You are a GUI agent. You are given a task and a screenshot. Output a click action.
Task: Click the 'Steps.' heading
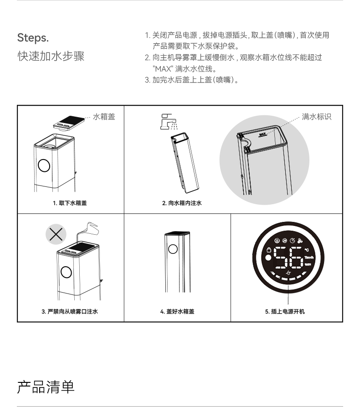click(x=33, y=38)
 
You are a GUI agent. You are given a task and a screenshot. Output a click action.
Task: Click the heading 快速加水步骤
click(x=51, y=56)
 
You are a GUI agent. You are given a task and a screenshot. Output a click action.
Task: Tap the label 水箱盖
click(x=104, y=117)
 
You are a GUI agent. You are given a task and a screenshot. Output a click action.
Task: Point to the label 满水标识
click(x=316, y=117)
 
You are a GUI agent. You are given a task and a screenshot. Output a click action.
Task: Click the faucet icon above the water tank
click(x=169, y=122)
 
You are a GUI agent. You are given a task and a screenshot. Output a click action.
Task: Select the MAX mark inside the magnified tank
click(x=262, y=134)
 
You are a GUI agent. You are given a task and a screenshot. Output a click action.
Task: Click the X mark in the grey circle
click(x=56, y=234)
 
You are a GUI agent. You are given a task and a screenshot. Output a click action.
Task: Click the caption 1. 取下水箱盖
click(x=70, y=203)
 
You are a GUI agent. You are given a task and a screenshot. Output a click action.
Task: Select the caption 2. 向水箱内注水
click(x=182, y=203)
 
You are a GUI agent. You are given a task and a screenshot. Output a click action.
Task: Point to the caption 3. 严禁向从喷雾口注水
click(x=70, y=311)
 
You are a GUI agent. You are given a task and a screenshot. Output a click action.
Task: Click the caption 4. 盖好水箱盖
click(x=177, y=311)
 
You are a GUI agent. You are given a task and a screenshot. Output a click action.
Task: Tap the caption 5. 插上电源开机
click(x=285, y=311)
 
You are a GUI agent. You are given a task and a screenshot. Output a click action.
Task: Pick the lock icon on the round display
click(x=269, y=250)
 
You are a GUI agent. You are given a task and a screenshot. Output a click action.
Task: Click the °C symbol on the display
click(x=307, y=250)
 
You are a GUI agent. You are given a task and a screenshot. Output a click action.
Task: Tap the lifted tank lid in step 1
click(x=69, y=123)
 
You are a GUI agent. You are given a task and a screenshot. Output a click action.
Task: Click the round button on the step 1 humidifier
click(x=44, y=165)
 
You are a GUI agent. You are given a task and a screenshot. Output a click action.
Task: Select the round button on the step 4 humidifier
click(x=173, y=249)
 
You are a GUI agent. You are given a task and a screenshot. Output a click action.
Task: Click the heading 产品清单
click(x=46, y=387)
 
